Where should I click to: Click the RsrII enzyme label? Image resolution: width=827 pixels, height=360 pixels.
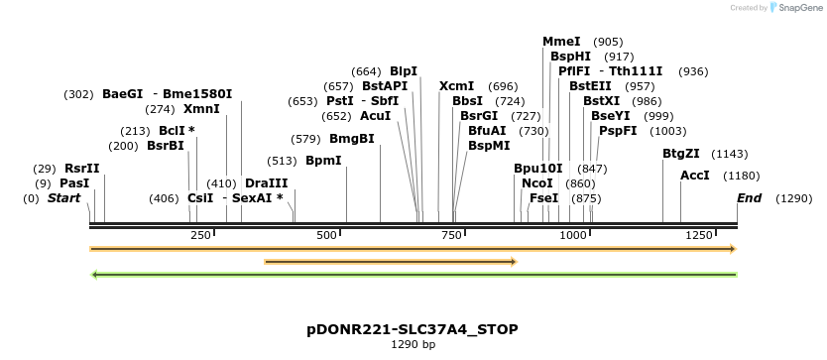[81, 169]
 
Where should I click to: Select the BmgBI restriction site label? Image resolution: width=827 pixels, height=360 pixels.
[352, 139]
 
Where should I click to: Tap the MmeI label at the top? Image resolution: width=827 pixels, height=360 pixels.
[561, 42]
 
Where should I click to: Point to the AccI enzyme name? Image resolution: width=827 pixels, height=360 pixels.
[694, 176]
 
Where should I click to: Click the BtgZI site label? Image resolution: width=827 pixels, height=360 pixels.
[681, 154]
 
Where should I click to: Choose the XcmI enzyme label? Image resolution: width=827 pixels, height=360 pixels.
[456, 86]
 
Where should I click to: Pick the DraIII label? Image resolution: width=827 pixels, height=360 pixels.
[267, 183]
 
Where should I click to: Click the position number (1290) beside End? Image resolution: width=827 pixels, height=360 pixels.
[793, 199]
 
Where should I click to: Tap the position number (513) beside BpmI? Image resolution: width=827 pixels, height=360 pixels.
[283, 161]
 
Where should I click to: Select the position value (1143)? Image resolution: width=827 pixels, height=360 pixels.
[730, 154]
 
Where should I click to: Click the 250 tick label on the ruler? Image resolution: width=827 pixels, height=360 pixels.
[200, 235]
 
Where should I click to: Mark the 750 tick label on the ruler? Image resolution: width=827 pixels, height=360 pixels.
[451, 235]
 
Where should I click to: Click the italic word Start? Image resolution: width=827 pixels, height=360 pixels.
[63, 198]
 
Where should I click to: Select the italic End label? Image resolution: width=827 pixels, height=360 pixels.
[749, 198]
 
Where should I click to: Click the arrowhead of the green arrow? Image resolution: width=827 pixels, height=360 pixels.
[94, 275]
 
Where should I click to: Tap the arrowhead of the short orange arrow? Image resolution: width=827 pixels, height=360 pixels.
[514, 261]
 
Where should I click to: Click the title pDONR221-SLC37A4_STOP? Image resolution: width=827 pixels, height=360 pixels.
[413, 330]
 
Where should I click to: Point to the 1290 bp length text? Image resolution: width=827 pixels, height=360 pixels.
[413, 345]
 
